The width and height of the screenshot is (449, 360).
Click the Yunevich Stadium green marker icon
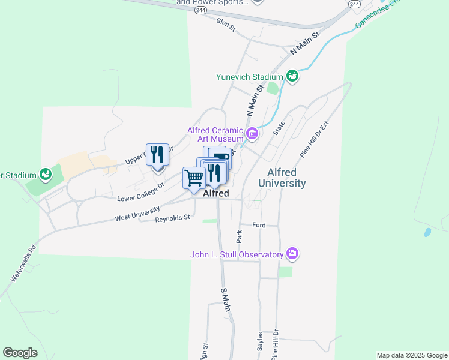pos(292,76)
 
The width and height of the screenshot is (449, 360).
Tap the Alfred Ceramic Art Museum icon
pos(252,133)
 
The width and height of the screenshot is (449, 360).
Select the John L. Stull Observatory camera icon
pos(292,254)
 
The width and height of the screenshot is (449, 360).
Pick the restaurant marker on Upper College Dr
pos(157,155)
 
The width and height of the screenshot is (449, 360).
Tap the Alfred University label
pos(282,178)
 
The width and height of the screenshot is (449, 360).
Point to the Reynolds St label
pos(172,218)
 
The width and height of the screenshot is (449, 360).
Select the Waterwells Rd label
pos(23,264)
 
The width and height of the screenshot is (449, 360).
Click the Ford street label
pos(259,225)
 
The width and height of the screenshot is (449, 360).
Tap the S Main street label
pos(226,298)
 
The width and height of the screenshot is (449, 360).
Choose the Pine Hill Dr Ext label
pos(316,139)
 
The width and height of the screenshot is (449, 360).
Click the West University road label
pos(137,214)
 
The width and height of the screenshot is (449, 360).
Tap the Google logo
pos(20,353)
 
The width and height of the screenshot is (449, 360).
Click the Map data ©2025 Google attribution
pos(412,355)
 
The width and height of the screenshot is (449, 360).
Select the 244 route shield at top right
pos(355,4)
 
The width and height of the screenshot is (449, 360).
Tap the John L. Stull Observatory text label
pos(237,254)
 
